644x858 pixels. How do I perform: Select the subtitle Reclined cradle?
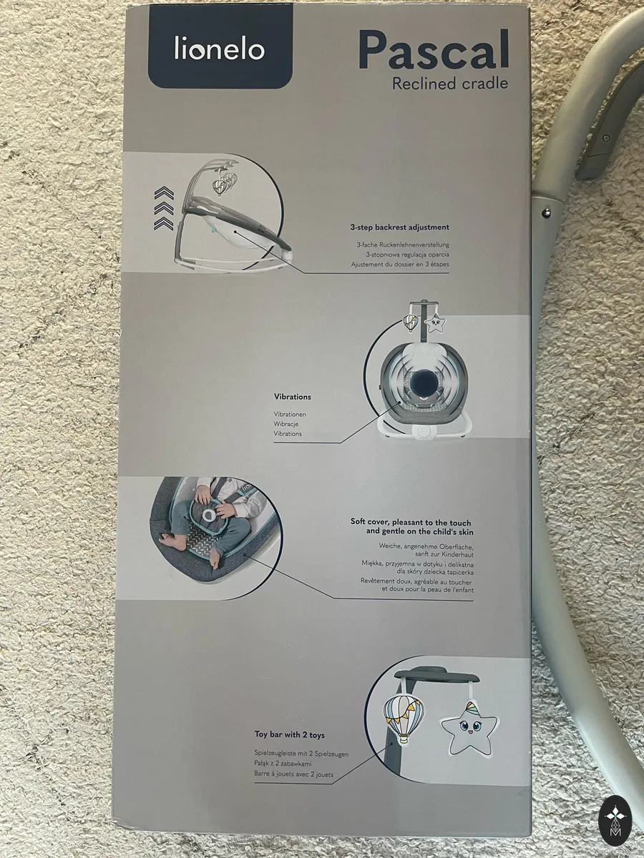450,83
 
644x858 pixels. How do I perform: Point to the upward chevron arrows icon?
164,207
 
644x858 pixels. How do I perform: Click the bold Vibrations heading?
293,397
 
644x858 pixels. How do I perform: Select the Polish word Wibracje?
286,424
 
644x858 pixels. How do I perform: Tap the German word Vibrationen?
290,414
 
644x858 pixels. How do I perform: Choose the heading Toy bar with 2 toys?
290,735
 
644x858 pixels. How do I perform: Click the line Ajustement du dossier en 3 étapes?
400,265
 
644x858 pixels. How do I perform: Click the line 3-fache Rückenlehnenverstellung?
403,245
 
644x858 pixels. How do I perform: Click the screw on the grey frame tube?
547,212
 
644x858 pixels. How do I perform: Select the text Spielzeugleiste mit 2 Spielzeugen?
301,754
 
